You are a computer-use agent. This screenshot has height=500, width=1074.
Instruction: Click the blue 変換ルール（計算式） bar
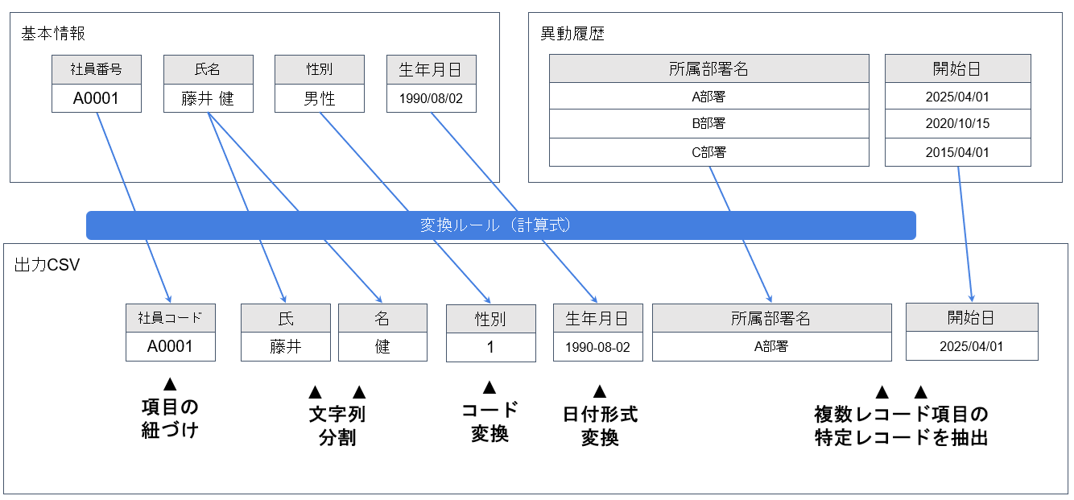tap(501, 225)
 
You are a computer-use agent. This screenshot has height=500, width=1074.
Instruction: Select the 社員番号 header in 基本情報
tap(96, 69)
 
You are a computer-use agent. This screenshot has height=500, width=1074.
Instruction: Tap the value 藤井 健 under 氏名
tap(208, 98)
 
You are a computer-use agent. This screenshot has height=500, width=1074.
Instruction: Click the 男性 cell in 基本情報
tap(319, 98)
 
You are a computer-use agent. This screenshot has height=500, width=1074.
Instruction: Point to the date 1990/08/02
tap(431, 98)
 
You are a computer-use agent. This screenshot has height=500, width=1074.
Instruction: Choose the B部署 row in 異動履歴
tap(708, 124)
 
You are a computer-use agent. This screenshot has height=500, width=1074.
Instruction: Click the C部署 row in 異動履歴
tap(708, 152)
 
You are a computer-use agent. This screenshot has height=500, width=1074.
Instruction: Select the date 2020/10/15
tap(957, 124)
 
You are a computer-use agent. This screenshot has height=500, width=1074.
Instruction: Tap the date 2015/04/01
tap(957, 152)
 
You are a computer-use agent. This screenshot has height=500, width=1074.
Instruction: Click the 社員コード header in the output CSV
tap(170, 318)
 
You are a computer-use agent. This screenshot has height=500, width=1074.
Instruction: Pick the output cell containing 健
tap(382, 347)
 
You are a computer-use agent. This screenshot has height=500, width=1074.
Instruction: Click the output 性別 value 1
tap(490, 348)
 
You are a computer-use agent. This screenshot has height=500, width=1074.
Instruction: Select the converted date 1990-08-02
tap(597, 348)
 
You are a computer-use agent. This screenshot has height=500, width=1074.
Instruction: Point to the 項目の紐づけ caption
tap(169, 418)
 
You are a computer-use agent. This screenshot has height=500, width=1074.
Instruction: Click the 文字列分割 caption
tap(337, 426)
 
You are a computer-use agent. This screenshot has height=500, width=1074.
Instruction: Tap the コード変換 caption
tap(489, 421)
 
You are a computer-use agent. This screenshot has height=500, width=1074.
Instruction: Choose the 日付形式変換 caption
tap(600, 426)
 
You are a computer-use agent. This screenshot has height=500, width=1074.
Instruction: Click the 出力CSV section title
tap(47, 265)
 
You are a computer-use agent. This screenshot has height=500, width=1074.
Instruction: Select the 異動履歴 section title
tap(572, 34)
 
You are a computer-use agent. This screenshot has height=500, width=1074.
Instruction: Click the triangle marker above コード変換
tap(489, 388)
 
